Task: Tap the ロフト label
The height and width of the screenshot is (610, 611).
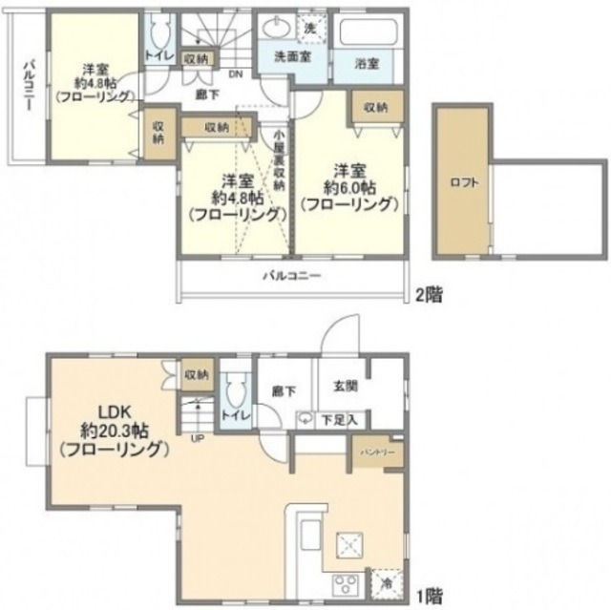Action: coord(465,180)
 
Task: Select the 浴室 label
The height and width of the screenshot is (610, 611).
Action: coord(367,65)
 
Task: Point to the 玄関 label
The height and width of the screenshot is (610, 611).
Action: coord(346,387)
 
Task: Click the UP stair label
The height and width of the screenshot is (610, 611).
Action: coord(198,438)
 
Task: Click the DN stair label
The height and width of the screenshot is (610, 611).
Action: coord(236,74)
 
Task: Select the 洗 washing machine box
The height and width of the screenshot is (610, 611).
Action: coord(310,28)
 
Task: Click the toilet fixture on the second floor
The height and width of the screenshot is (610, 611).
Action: coord(158,33)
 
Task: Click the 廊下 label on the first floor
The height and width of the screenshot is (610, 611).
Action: coord(283,389)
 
